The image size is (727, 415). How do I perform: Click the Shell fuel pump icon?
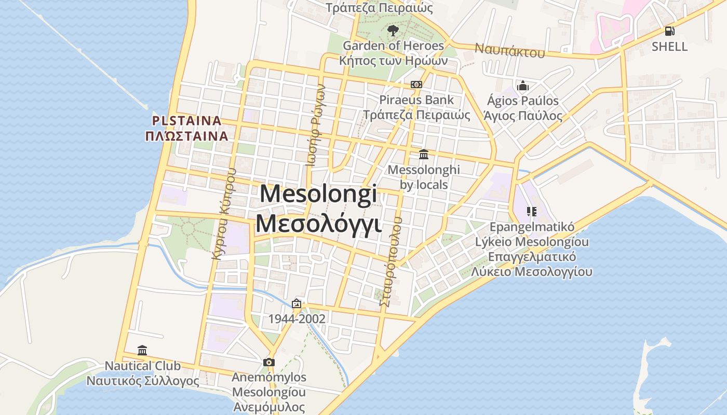(670, 31)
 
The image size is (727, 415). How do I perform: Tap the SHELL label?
(670, 47)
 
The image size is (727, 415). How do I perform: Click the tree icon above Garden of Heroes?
(393, 30)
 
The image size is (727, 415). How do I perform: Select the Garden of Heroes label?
(393, 46)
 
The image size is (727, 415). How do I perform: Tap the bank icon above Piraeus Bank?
(416, 85)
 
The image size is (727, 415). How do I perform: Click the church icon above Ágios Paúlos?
(522, 86)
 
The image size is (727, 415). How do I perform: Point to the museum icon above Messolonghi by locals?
(424, 154)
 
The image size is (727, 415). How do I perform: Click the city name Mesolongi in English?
(318, 194)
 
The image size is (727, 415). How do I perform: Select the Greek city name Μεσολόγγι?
(318, 224)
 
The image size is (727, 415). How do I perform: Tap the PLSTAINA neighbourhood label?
(186, 121)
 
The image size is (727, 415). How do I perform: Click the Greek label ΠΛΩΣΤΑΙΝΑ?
(186, 136)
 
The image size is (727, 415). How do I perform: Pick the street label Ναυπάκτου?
(510, 51)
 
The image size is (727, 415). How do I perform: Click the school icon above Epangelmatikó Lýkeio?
(531, 211)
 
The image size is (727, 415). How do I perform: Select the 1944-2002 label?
(297, 319)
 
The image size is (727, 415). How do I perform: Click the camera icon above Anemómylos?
(268, 362)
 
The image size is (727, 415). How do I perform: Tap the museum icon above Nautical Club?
(142, 350)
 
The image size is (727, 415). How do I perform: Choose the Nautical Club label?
(143, 366)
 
